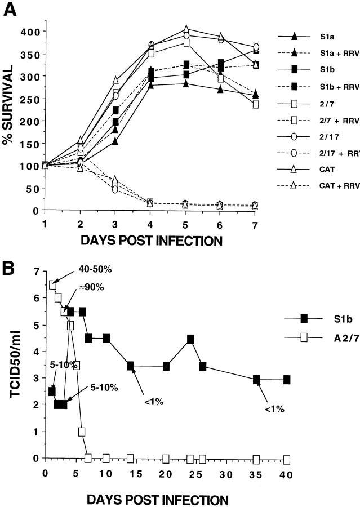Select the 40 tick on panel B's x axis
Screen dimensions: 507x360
coord(286,474)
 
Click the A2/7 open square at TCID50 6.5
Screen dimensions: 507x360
coord(53,285)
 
